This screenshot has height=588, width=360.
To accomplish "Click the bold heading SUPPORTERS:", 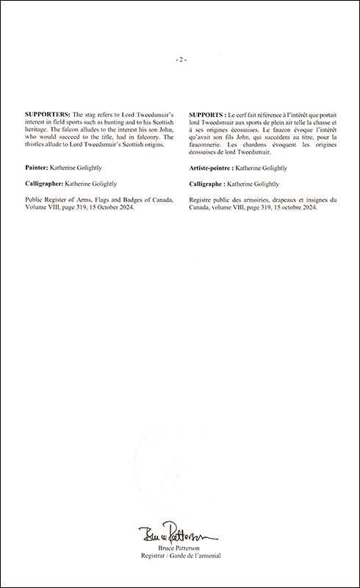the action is (x=48, y=116).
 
